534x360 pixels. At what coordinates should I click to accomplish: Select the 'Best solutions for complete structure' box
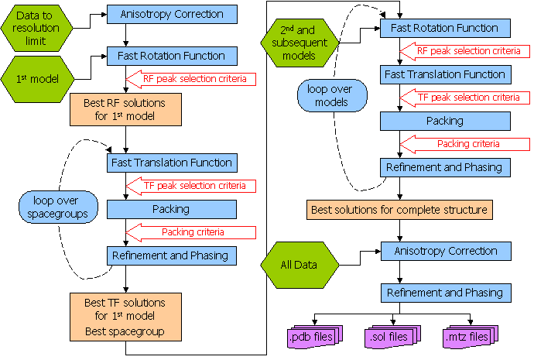tap(399, 210)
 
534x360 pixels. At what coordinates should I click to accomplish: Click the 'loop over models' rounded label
tap(328, 97)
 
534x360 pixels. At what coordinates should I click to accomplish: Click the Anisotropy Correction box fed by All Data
tap(445, 251)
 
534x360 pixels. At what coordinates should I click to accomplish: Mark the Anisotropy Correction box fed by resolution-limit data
tap(172, 14)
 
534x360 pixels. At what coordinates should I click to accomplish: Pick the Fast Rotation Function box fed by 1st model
tap(172, 56)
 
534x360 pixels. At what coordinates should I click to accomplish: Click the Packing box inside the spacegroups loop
tap(172, 208)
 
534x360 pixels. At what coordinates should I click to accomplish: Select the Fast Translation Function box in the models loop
tap(445, 75)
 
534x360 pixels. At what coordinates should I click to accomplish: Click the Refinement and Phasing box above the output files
tap(445, 293)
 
